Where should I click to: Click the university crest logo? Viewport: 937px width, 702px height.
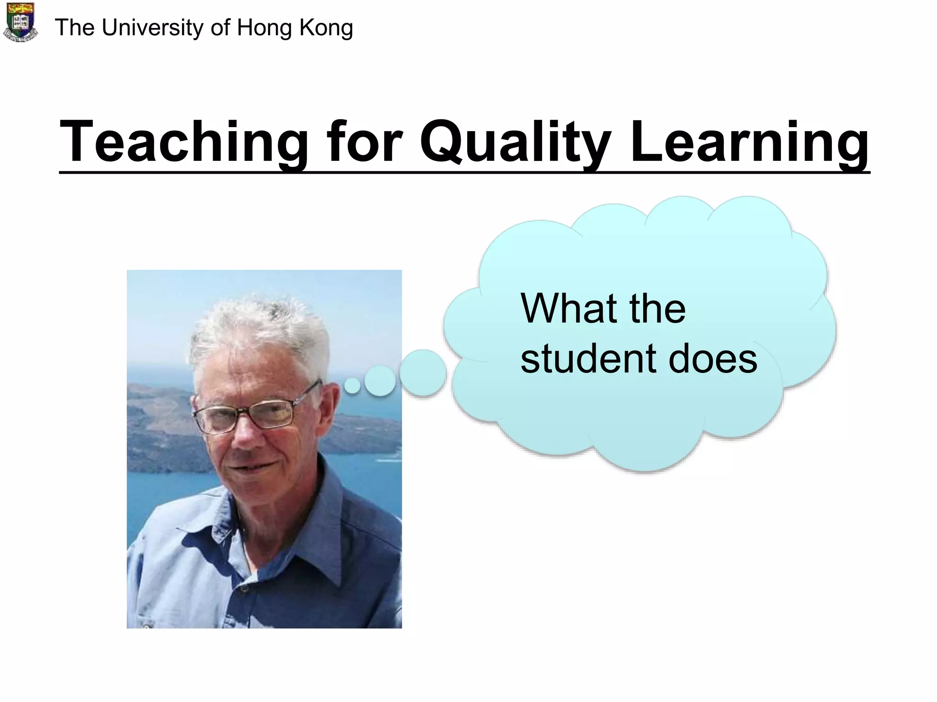pyautogui.click(x=20, y=23)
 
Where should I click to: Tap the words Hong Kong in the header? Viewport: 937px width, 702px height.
pyautogui.click(x=295, y=28)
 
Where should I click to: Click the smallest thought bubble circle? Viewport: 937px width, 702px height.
pyautogui.click(x=352, y=385)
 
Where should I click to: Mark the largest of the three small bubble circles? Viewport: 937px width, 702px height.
pyautogui.click(x=423, y=372)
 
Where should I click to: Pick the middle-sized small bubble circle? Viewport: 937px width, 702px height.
pyautogui.click(x=380, y=381)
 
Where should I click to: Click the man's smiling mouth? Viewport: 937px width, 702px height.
pyautogui.click(x=249, y=468)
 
